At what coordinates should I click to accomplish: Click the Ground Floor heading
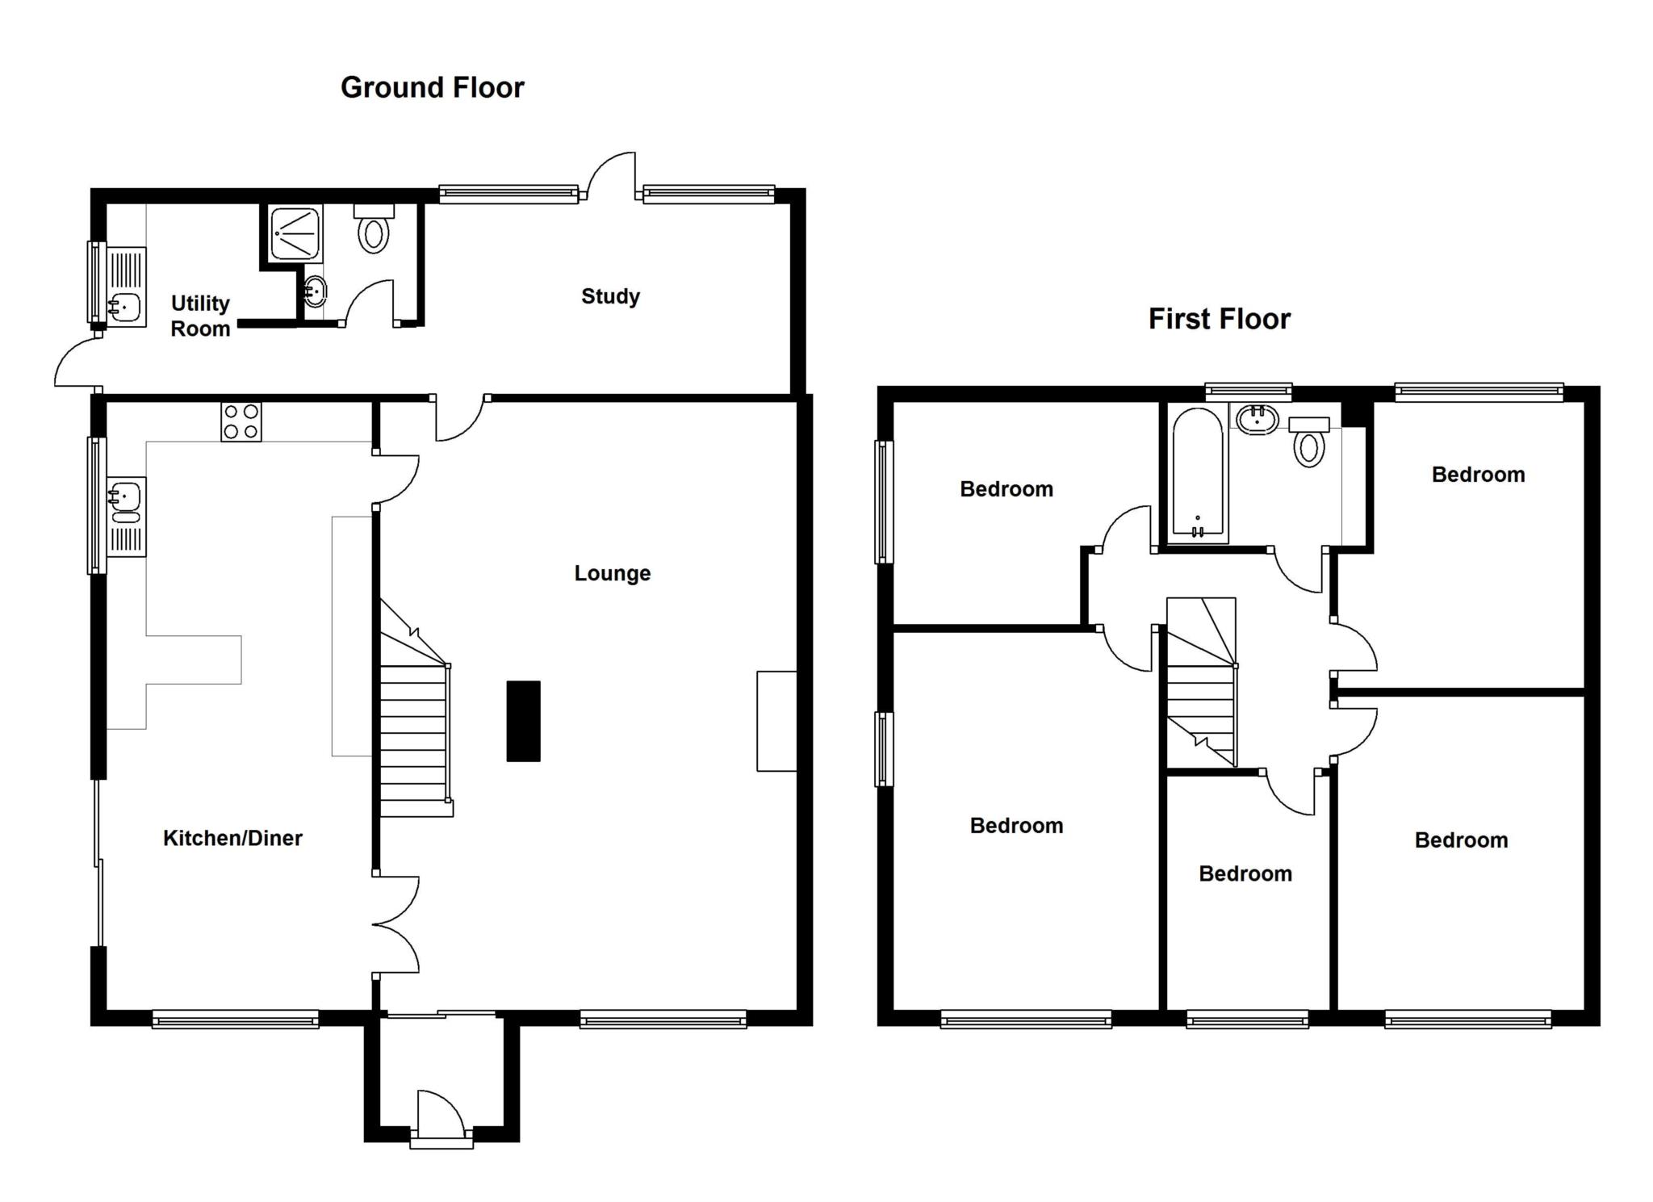[x=432, y=87]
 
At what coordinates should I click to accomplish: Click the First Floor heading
[x=1219, y=319]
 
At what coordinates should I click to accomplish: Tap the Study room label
[x=610, y=296]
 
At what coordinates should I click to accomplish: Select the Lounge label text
[x=612, y=573]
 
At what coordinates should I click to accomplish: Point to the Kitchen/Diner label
[x=232, y=838]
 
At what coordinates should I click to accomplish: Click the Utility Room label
[x=200, y=316]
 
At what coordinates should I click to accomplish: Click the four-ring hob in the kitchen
[x=241, y=421]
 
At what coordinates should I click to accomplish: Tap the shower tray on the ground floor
[x=295, y=233]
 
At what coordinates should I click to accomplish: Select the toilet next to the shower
[x=374, y=231]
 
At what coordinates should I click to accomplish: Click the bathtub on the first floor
[x=1197, y=475]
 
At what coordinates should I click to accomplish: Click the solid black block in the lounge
[x=523, y=721]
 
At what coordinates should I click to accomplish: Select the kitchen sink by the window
[x=125, y=501]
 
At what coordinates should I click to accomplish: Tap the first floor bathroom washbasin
[x=1257, y=420]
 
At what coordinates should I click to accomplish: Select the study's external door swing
[x=611, y=174]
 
